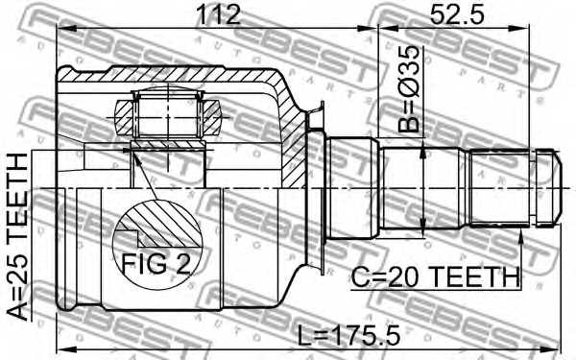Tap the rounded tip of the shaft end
coord(551,187)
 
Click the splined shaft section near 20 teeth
coord(498,187)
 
